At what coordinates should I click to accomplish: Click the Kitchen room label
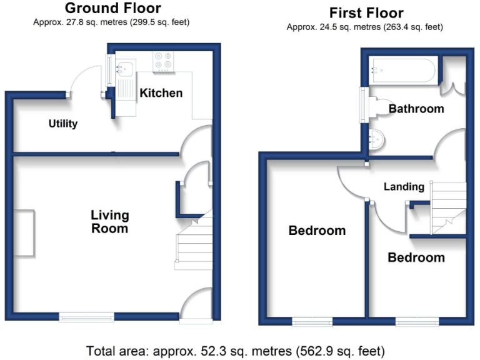click(161, 93)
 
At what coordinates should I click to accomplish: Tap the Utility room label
click(63, 124)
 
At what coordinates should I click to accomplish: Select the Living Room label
click(110, 221)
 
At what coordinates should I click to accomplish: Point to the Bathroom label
click(416, 109)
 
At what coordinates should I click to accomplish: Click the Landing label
click(404, 186)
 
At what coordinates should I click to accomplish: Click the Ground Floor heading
click(112, 9)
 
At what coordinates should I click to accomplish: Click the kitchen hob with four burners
click(163, 59)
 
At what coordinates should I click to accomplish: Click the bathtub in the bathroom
click(403, 71)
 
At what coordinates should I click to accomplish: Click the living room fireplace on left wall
click(26, 232)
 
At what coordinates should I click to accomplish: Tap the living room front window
click(87, 317)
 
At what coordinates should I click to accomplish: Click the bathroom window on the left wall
click(362, 104)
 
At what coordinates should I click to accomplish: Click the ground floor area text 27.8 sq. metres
click(111, 22)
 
